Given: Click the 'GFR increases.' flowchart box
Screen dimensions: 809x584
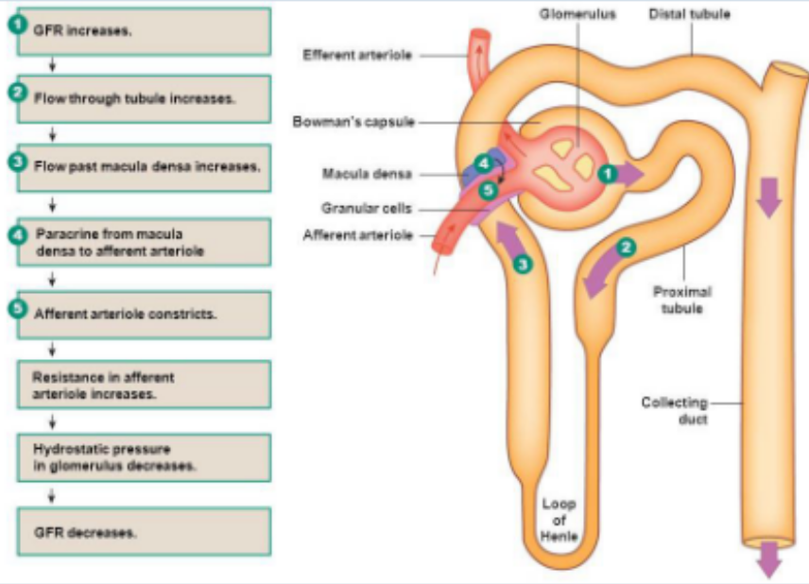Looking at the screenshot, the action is coord(144,31).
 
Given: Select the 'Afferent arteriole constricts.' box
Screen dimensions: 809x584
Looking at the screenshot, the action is coord(144,316).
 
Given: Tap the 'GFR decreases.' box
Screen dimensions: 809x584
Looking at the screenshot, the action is coord(144,532).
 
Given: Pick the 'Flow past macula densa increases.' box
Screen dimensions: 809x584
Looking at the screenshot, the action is coord(144,167).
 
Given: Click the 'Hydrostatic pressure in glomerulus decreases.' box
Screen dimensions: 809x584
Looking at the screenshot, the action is coord(144,458).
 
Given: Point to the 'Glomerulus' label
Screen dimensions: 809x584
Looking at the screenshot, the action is coord(577,14).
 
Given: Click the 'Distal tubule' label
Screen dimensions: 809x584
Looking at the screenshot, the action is coord(689,14).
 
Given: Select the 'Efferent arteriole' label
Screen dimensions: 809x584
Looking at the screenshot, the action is coord(357,55).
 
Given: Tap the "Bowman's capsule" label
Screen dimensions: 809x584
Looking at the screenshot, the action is coord(353,122).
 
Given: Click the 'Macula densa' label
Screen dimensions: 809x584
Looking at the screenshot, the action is coord(367,174).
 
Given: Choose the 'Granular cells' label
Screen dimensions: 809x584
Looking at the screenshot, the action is coord(367,209).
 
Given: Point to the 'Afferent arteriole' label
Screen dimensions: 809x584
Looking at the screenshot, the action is coord(358,235).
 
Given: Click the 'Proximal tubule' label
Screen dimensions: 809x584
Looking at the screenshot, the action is coord(682,300).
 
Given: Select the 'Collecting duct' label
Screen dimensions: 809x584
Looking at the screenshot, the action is coord(674,411).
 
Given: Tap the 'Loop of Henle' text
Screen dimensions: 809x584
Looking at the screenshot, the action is coord(559,520).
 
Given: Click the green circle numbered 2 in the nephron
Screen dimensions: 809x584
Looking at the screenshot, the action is coord(627,248).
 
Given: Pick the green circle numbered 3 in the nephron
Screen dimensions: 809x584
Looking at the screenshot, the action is coord(523,265).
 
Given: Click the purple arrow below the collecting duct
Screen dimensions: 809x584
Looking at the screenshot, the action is coord(769,559).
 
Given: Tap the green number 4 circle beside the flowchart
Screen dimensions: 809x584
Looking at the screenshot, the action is coord(18,235).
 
